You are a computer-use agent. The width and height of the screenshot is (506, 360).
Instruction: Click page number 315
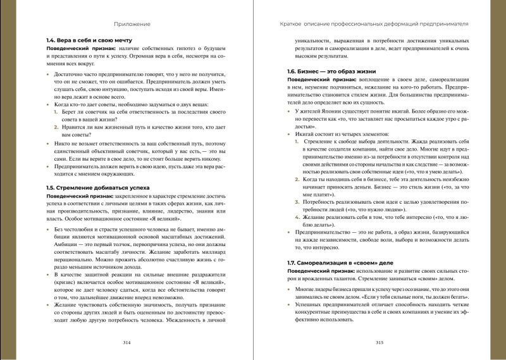click(x=379, y=342)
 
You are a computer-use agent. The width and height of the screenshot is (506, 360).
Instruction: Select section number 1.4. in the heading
click(x=53, y=40)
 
